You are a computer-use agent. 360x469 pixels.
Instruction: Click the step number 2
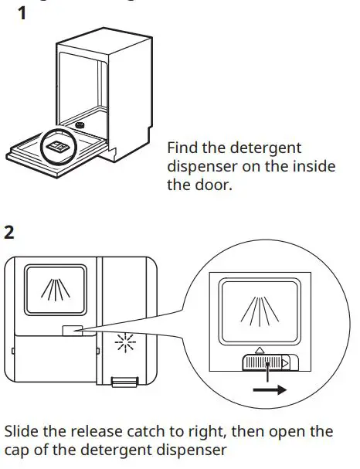pyautogui.click(x=10, y=232)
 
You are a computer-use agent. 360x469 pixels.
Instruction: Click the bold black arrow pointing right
pyautogui.click(x=270, y=390)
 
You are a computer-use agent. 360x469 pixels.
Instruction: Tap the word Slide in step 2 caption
pyautogui.click(x=24, y=430)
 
